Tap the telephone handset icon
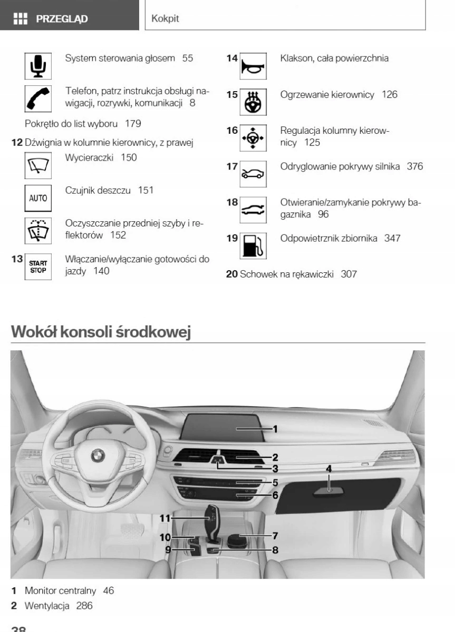(x=38, y=96)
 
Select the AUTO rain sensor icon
(x=38, y=199)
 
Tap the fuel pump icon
(x=253, y=245)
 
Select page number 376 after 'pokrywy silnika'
(x=415, y=166)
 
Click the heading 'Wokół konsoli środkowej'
(x=100, y=332)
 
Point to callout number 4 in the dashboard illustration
(x=328, y=468)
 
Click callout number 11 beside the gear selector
(x=166, y=518)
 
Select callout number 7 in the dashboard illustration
(x=275, y=536)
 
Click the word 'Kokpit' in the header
(x=165, y=19)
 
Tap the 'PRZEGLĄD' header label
(x=62, y=19)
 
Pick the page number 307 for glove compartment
(x=349, y=274)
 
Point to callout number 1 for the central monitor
(x=275, y=429)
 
